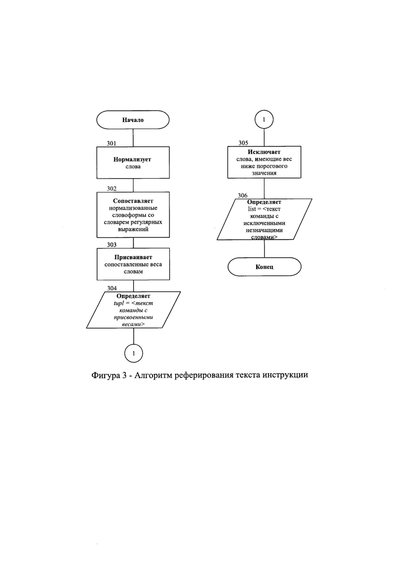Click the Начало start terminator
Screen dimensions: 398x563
click(133, 119)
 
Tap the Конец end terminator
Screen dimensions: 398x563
click(264, 267)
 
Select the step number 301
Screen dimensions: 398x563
click(112, 143)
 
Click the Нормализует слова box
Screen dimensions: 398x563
click(133, 163)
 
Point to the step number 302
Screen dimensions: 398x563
click(112, 188)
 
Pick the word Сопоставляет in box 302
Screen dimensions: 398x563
click(133, 201)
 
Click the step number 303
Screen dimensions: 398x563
click(112, 244)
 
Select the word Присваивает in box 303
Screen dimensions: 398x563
click(133, 257)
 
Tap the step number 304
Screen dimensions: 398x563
click(112, 288)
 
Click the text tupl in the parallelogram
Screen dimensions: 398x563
click(118, 303)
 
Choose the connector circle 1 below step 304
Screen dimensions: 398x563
click(134, 353)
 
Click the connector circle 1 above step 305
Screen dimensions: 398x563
click(264, 119)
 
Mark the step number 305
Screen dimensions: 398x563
click(243, 143)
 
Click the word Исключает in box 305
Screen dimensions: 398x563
click(264, 152)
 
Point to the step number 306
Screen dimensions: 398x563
click(242, 195)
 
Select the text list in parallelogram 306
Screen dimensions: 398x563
click(252, 209)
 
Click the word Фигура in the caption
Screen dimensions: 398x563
click(106, 375)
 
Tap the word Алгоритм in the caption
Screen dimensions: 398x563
click(153, 375)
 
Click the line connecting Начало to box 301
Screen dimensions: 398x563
click(133, 138)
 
